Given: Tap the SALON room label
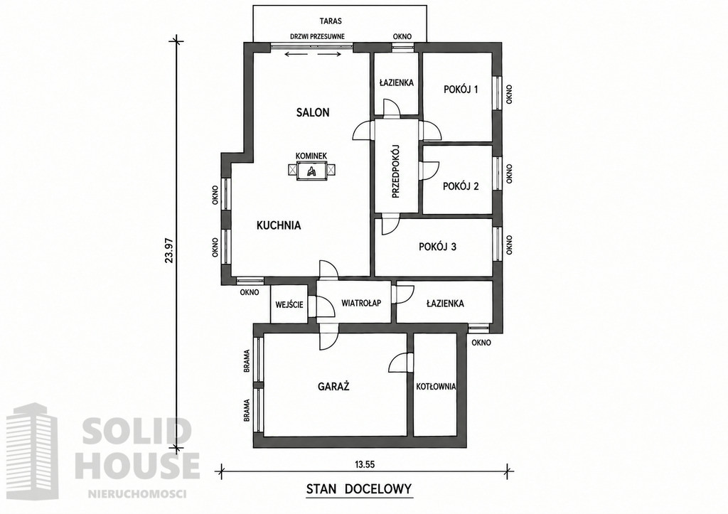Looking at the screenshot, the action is tap(313, 112).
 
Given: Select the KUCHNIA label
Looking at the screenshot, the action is tap(279, 225).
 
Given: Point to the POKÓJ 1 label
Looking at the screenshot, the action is tap(461, 89).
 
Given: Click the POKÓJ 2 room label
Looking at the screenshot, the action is tap(461, 186).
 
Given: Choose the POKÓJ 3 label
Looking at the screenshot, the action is tap(437, 247).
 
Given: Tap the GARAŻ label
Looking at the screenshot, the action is tap(333, 386).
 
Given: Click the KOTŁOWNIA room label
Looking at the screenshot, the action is tap(436, 386).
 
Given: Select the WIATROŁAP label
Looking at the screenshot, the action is tap(361, 303).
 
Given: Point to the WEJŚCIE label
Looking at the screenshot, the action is tap(289, 304).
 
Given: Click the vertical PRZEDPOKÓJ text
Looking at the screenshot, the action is tap(396, 171).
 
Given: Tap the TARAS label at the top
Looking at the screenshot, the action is tap(331, 21).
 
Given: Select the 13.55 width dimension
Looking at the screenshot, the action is tap(365, 464).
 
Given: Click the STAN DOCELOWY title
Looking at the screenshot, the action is tap(359, 489).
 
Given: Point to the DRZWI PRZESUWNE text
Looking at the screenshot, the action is tap(317, 37).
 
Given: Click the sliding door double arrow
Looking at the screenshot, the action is tap(313, 54).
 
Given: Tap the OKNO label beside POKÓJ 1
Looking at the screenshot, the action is tap(509, 94).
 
